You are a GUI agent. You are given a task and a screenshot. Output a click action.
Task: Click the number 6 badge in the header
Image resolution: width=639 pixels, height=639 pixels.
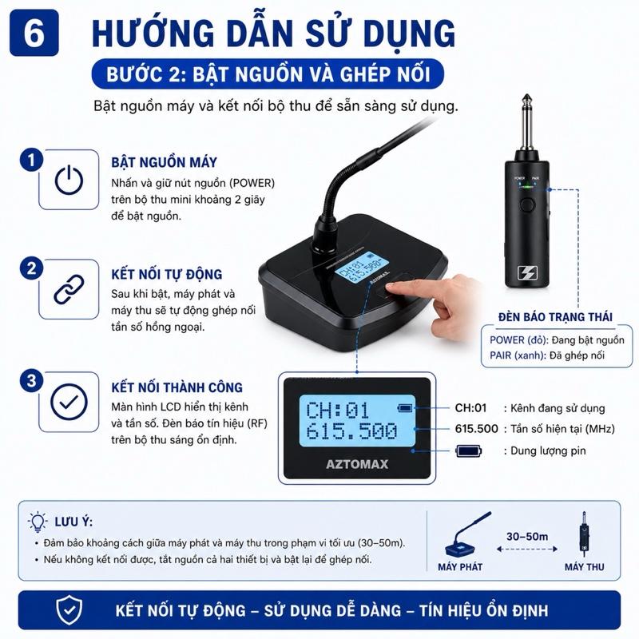[x=34, y=33]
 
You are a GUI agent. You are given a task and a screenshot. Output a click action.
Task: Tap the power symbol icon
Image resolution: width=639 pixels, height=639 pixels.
[x=69, y=180]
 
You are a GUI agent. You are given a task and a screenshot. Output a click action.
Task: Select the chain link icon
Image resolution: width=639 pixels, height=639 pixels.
[x=69, y=289]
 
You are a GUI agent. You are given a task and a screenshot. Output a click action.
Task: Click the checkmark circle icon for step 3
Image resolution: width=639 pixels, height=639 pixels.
[x=69, y=402]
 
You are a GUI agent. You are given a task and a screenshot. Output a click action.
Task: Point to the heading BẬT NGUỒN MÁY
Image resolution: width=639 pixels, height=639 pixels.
[x=165, y=162]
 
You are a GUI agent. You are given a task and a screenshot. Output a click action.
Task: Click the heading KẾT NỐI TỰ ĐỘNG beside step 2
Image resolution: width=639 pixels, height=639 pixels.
[x=167, y=274]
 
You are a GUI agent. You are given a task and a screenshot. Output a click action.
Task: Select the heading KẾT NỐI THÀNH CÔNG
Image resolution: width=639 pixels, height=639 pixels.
[x=177, y=387]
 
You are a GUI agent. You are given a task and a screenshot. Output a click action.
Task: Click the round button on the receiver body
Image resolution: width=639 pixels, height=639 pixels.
[x=527, y=204]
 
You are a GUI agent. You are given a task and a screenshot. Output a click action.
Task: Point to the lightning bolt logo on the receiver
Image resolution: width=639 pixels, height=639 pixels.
[x=527, y=272]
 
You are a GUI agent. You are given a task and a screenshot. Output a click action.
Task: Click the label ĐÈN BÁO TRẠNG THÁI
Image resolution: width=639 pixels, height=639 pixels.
[x=555, y=316]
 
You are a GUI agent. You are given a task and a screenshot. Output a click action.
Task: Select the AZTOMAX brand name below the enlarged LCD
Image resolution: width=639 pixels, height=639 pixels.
[x=357, y=464]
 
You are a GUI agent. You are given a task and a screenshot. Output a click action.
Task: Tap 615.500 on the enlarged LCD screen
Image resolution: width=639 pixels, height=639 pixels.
[x=351, y=431]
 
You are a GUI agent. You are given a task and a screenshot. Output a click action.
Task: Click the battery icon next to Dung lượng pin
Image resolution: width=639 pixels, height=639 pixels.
[x=469, y=450]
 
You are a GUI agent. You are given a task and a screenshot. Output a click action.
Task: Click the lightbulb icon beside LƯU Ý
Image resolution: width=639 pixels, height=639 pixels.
[x=38, y=522]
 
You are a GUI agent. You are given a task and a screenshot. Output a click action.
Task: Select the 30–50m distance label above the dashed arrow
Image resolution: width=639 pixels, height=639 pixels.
[x=527, y=536]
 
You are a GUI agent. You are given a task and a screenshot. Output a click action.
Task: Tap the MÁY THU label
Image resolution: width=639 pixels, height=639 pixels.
[x=585, y=567]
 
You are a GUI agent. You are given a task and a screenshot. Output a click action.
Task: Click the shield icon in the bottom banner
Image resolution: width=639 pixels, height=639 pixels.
[x=69, y=609]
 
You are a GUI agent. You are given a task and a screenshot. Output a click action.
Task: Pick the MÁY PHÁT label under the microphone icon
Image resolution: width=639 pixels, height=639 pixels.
[x=460, y=567]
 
